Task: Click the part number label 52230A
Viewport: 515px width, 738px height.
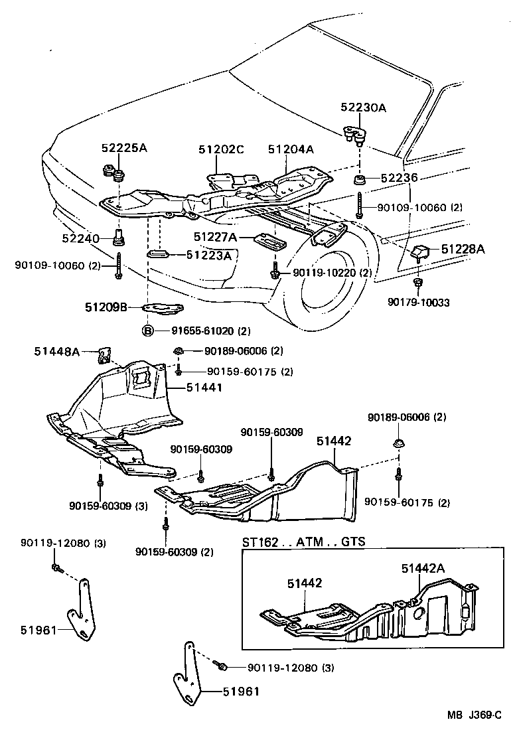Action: coord(363,107)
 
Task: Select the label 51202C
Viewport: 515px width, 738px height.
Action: coord(221,149)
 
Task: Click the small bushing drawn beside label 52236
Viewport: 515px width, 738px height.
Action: coord(358,179)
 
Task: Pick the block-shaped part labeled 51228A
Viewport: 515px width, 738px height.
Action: coord(421,253)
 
